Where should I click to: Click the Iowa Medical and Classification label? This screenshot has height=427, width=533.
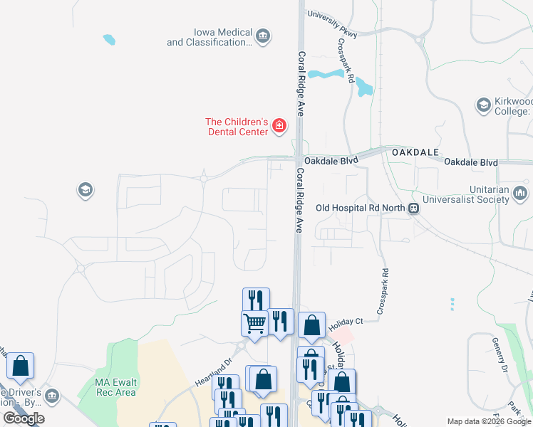click(x=209, y=38)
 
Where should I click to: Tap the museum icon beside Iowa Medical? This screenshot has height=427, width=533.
click(x=263, y=36)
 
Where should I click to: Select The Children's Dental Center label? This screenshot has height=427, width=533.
click(x=237, y=126)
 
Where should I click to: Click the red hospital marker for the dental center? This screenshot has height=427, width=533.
click(x=279, y=127)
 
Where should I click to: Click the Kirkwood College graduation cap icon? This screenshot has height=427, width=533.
click(x=483, y=105)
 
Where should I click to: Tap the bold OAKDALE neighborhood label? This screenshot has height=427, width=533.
click(x=410, y=152)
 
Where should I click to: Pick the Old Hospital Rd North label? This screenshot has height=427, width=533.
click(x=360, y=208)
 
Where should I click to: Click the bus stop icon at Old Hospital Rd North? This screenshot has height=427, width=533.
click(x=413, y=208)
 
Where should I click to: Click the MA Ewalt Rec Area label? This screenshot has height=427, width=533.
click(x=115, y=387)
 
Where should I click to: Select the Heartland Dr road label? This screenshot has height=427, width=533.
click(x=214, y=371)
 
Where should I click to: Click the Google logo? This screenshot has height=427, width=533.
click(x=24, y=418)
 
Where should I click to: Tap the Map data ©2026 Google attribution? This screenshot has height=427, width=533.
click(x=488, y=421)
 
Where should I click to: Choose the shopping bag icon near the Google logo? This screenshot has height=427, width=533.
click(x=21, y=366)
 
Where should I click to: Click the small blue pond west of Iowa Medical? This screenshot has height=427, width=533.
click(x=108, y=40)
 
